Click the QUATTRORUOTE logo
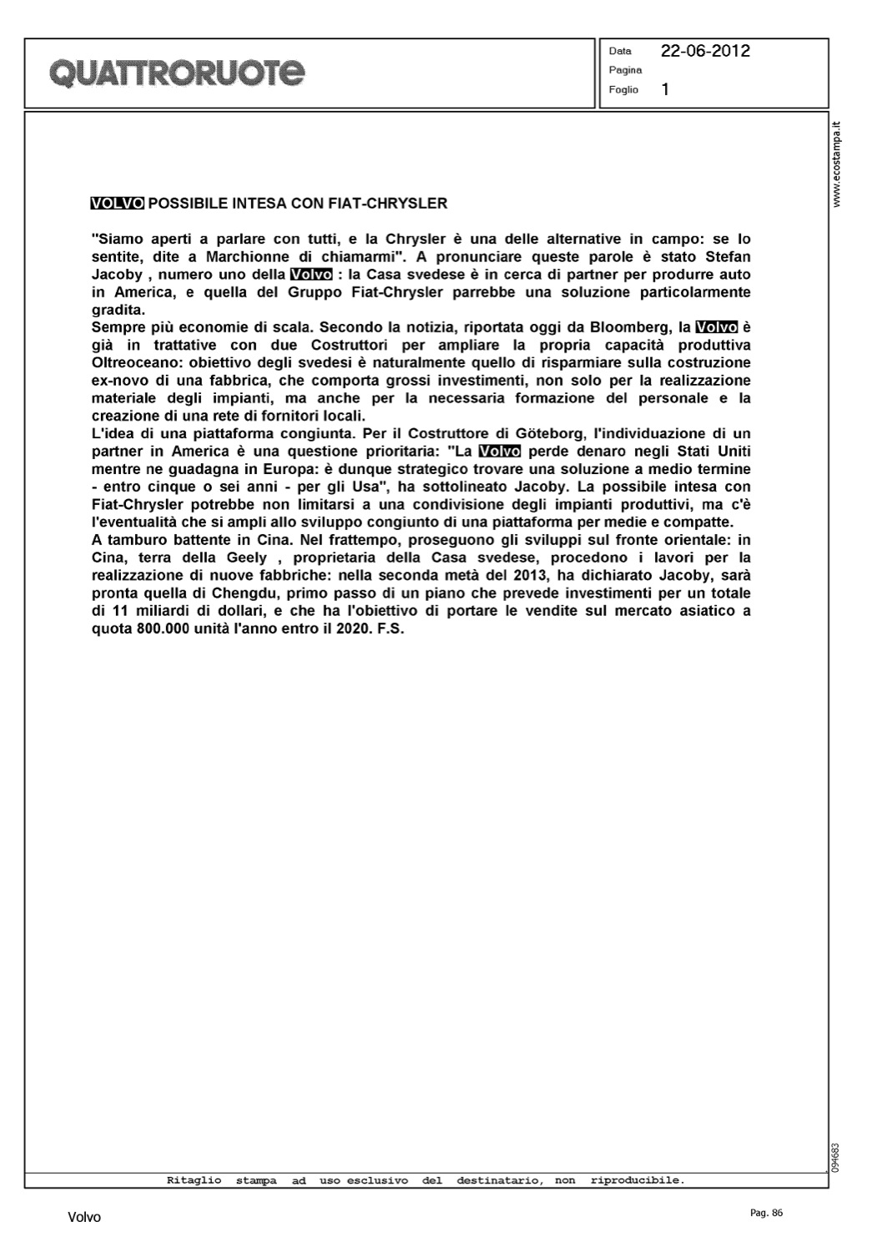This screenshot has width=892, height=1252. tap(178, 73)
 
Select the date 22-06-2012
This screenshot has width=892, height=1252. tap(705, 51)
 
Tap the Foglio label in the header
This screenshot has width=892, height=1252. tap(623, 89)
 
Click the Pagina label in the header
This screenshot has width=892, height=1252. tap(625, 70)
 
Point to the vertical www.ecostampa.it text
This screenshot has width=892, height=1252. tap(839, 164)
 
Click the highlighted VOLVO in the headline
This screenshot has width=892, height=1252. tap(117, 203)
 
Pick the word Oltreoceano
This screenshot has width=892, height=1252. tap(133, 363)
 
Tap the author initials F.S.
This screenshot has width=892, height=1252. tap(391, 629)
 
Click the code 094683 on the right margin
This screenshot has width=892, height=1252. tap(836, 1155)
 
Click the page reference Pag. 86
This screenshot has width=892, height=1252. tap(767, 1213)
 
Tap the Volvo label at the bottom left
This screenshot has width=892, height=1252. tap(84, 1218)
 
